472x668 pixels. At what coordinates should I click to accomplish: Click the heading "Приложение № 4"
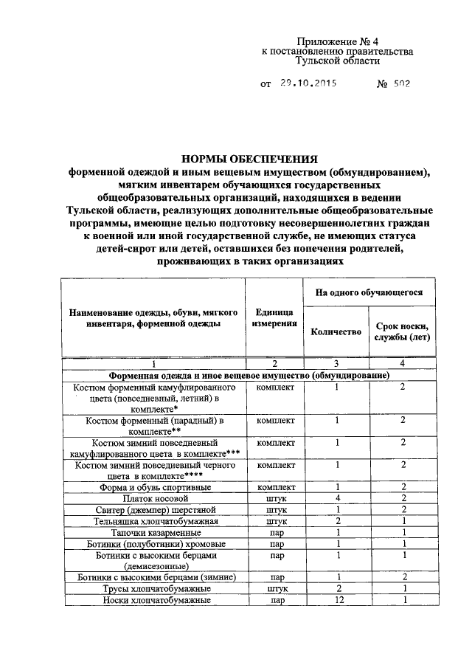click(x=337, y=41)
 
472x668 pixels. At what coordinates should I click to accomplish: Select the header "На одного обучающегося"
click(x=369, y=292)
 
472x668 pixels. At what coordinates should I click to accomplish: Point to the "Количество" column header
click(x=336, y=331)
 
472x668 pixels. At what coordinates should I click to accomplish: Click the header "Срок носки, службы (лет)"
click(x=402, y=331)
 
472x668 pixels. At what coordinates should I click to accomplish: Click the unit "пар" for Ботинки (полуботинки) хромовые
click(x=277, y=543)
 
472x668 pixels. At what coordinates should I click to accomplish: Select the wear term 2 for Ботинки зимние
click(x=403, y=577)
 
